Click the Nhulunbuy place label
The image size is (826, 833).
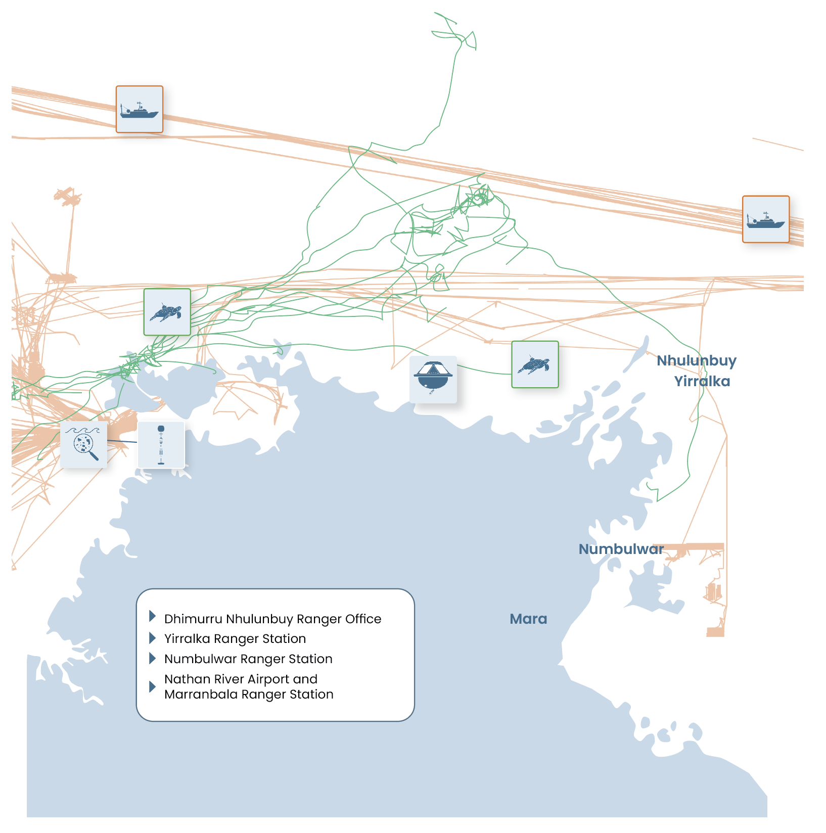696,360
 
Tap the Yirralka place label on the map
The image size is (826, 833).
702,381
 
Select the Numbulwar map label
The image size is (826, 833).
621,549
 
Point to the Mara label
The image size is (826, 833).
528,619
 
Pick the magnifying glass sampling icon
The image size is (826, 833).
84,444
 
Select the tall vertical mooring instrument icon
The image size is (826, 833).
161,445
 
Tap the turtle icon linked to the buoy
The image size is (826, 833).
535,364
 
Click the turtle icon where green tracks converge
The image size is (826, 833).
167,312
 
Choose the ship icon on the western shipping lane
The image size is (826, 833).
140,109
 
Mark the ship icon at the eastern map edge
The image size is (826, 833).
765,219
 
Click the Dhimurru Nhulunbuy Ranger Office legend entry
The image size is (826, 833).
272,619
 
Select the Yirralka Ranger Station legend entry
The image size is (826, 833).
235,638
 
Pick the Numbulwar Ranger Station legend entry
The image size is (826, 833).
248,659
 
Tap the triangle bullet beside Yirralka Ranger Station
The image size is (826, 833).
152,638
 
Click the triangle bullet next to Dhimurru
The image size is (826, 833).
152,616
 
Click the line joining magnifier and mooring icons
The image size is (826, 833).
122,441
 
